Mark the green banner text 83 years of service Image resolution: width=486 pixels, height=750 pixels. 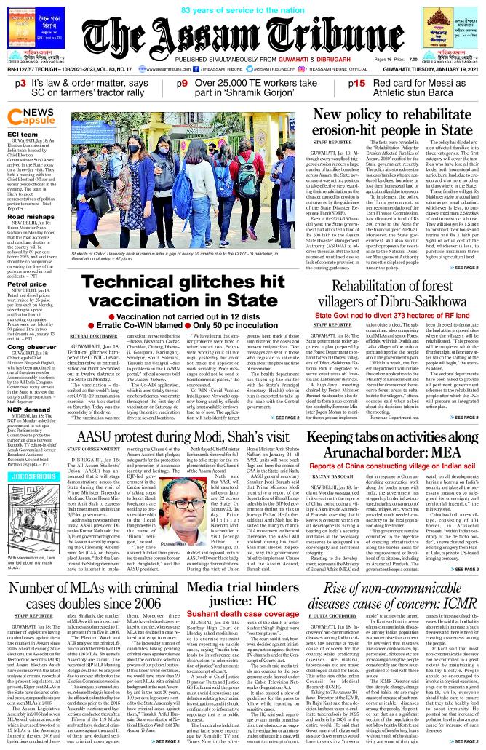point(243,9)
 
